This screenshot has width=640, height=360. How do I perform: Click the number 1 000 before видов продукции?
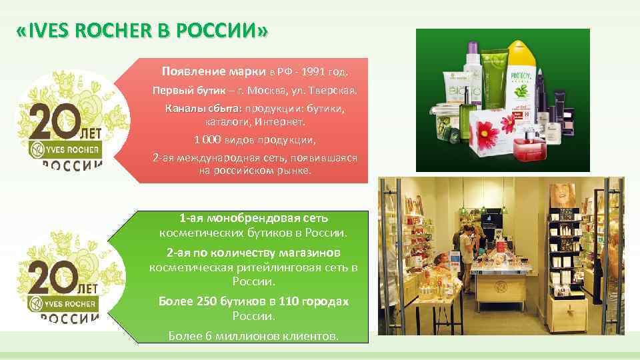(209, 140)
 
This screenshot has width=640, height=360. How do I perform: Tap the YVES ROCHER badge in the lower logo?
(63, 303)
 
